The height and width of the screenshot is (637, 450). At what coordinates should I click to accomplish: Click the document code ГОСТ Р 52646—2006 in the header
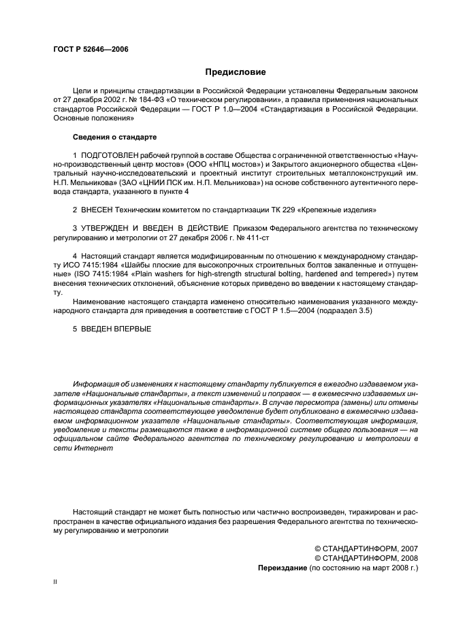point(90,49)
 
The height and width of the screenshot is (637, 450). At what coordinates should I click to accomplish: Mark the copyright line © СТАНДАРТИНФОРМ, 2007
point(365,549)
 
